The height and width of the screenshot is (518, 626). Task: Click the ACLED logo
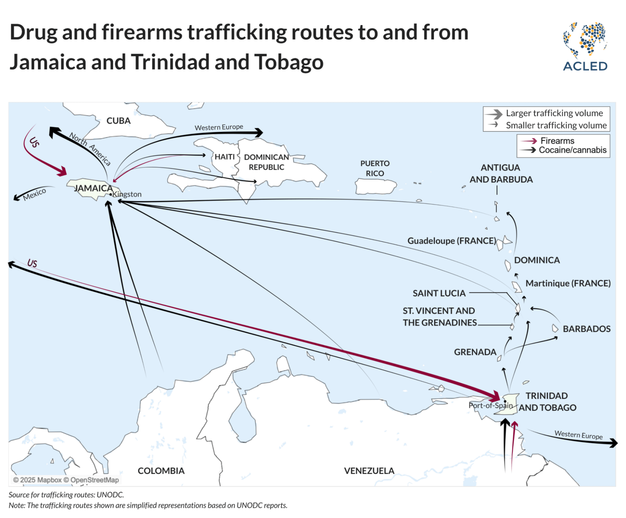point(585,47)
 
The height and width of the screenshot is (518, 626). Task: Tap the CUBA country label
point(118,121)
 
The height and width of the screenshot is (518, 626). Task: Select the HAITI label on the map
point(224,157)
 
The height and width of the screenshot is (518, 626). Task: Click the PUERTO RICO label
point(375,168)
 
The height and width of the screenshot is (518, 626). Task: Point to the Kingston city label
point(127,194)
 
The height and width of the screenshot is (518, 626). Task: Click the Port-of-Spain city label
point(490,405)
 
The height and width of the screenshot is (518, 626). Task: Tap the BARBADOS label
point(586,329)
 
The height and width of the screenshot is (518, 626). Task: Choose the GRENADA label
point(475,352)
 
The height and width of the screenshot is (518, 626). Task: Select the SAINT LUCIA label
point(439,293)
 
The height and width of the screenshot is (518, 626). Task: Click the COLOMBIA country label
point(161,471)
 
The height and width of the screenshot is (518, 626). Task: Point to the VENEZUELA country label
point(369,471)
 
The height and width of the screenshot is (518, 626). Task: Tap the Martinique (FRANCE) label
point(568,283)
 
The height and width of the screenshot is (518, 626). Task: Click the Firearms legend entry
point(557,141)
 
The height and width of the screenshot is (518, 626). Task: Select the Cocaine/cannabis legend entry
point(572,150)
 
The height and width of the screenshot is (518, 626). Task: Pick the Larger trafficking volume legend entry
point(554,113)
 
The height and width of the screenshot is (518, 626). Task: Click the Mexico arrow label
point(34,194)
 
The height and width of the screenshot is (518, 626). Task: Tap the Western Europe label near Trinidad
point(578,435)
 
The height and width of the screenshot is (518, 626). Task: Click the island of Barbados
point(555,328)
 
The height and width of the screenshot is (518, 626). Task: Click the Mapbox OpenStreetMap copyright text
point(66,480)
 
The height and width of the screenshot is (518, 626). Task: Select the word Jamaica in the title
point(48,62)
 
